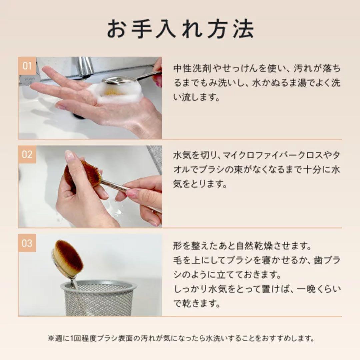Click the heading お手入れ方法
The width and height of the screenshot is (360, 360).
coord(180,30)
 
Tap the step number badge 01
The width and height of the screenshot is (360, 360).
coord(27,66)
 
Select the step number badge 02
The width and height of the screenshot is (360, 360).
coord(27,154)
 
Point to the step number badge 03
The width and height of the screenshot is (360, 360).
coord(27,243)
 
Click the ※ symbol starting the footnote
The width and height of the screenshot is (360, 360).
coord(51,338)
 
